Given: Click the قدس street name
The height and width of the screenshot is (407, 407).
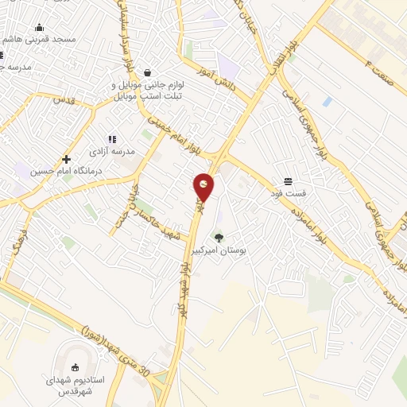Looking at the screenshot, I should (64, 101).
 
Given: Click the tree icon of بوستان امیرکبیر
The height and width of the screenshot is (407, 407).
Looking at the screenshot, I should (218, 236).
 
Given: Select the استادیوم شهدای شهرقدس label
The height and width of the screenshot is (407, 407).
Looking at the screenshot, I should (75, 386).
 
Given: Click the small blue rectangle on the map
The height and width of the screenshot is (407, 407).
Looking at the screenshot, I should (328, 101).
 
